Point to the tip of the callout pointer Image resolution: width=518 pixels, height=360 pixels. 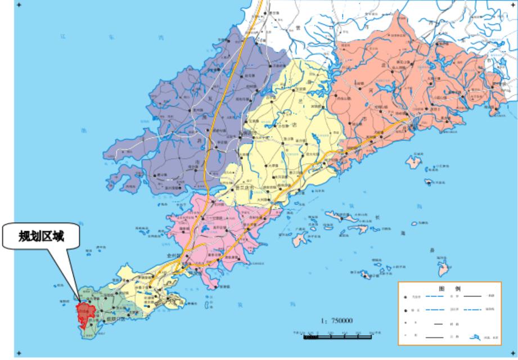point(78,299)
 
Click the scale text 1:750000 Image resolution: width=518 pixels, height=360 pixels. point(337,321)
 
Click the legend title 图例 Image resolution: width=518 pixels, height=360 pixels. point(448,288)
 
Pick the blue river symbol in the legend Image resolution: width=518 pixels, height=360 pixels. point(478,337)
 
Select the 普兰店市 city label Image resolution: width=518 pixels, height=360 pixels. point(248,188)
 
